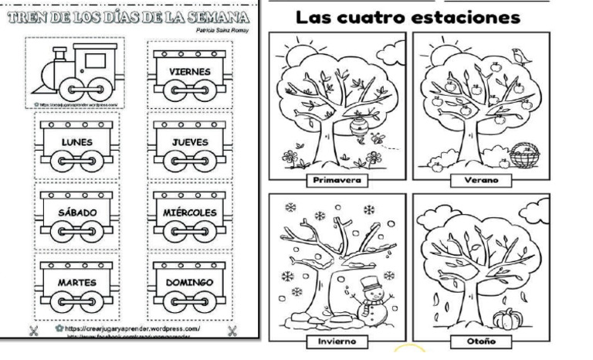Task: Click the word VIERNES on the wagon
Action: (190, 72)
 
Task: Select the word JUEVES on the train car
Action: (190, 142)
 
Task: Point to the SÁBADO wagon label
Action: (77, 212)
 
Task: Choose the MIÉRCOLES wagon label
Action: (190, 212)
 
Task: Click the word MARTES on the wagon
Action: (77, 283)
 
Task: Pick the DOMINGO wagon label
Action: (190, 283)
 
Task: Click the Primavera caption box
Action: (337, 181)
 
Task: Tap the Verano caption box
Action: (482, 181)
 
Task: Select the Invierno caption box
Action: (337, 341)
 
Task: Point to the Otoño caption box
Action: (482, 341)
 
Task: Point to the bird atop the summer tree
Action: (520, 54)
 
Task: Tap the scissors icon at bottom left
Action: (33, 332)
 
